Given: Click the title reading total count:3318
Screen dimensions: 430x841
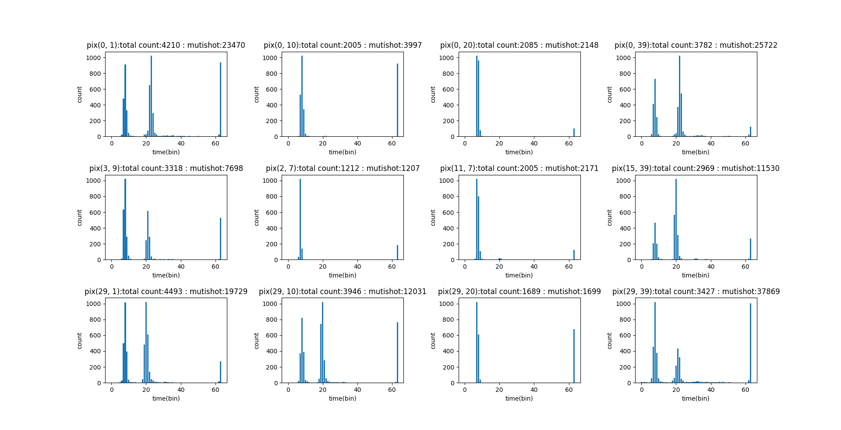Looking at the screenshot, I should pos(166,168).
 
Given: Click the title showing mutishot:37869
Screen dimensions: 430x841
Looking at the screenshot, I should pos(696,291).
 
